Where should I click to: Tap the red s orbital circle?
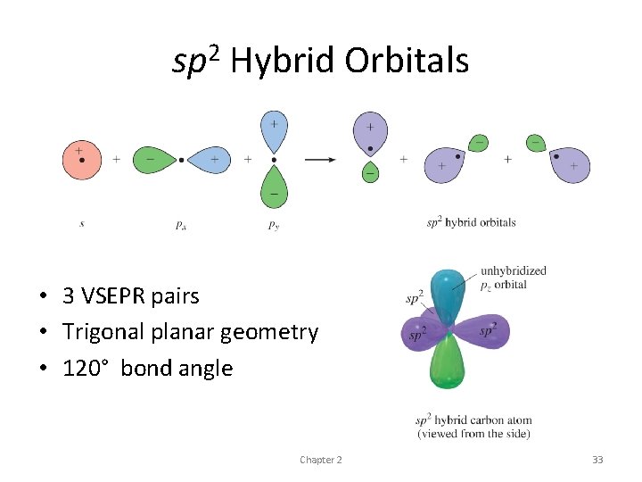pyautogui.click(x=81, y=160)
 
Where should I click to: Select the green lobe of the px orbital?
pyautogui.click(x=153, y=160)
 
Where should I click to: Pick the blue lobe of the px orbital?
pyautogui.click(x=210, y=160)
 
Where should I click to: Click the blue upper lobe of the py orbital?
pyautogui.click(x=274, y=131)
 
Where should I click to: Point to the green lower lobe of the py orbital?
pyautogui.click(x=274, y=187)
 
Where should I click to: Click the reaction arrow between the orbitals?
pyautogui.click(x=320, y=160)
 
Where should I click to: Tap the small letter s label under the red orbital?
pyautogui.click(x=82, y=224)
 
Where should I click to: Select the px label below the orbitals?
pyautogui.click(x=181, y=225)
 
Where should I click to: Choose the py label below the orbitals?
pyautogui.click(x=274, y=225)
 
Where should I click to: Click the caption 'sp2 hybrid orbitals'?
pyautogui.click(x=471, y=222)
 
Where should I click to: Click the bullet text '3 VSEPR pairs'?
pyautogui.click(x=131, y=295)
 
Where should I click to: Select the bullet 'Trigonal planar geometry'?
pyautogui.click(x=190, y=332)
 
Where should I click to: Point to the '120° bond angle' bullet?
pyautogui.click(x=147, y=368)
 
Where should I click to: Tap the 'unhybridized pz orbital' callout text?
pyautogui.click(x=513, y=278)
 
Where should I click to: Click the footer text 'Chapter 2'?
pyautogui.click(x=320, y=460)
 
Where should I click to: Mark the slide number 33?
pyautogui.click(x=597, y=460)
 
